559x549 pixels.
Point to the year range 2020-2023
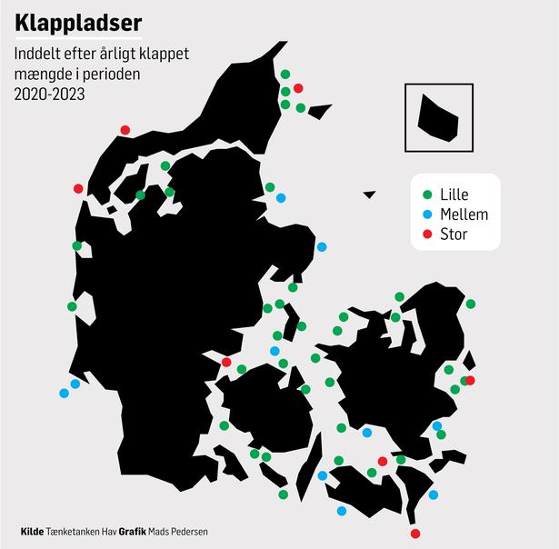click(x=50, y=93)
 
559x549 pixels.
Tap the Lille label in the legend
click(x=454, y=195)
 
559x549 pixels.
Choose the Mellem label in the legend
click(x=464, y=215)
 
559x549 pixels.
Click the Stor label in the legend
click(x=454, y=235)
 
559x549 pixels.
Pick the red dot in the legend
click(x=428, y=235)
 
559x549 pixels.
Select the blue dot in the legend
click(x=428, y=215)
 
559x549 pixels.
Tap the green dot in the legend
click(x=428, y=195)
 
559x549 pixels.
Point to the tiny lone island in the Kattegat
click(x=369, y=194)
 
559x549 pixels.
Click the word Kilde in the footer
click(x=32, y=531)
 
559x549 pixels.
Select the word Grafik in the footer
click(x=133, y=531)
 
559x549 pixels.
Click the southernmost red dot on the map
click(x=415, y=534)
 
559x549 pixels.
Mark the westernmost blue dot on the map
click(x=64, y=394)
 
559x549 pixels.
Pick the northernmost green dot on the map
click(x=285, y=75)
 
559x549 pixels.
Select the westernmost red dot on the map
click(x=78, y=188)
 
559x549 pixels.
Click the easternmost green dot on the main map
click(x=471, y=304)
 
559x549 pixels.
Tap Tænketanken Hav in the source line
click(x=82, y=531)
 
